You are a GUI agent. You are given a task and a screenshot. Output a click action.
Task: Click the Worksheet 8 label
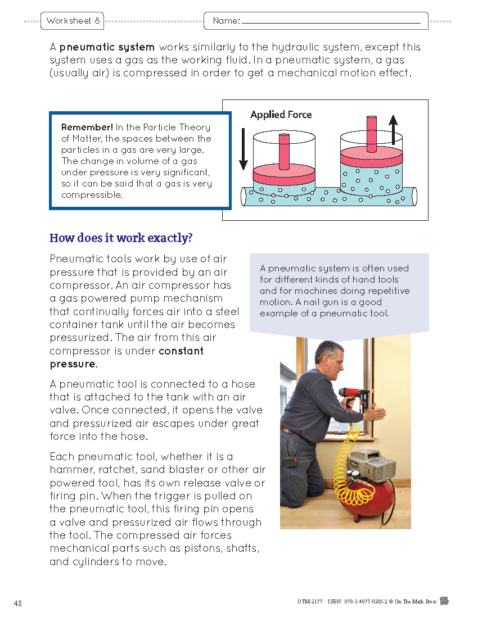pyautogui.click(x=73, y=21)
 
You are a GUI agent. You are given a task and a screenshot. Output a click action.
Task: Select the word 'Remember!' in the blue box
pyautogui.click(x=87, y=127)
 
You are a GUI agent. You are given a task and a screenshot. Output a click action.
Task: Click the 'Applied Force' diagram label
pyautogui.click(x=281, y=115)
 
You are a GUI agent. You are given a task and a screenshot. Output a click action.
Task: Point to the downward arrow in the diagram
pyautogui.click(x=243, y=149)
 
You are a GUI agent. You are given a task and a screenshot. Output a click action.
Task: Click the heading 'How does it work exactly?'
pyautogui.click(x=121, y=238)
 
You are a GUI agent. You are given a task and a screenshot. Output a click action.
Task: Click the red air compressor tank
pyautogui.click(x=363, y=503)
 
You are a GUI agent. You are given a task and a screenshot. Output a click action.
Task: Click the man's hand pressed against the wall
pyautogui.click(x=375, y=413)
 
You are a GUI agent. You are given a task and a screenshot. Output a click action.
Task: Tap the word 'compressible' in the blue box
pyautogui.click(x=91, y=195)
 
